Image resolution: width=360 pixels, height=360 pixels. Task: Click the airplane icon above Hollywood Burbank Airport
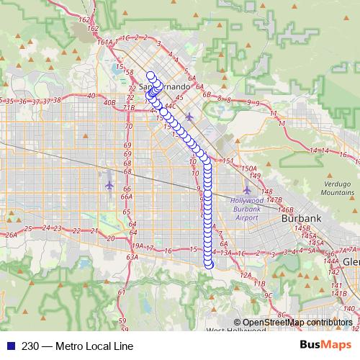tap(247, 189)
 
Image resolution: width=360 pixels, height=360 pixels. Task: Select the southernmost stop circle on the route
tap(210, 264)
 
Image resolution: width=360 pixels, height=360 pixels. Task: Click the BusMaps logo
tap(330, 345)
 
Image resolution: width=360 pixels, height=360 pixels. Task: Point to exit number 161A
tap(105, 42)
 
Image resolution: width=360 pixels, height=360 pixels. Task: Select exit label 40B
tap(109, 102)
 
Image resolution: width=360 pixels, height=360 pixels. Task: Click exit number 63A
tap(132, 256)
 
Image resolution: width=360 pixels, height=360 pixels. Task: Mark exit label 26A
tap(11, 235)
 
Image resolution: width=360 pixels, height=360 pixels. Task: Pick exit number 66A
tap(126, 197)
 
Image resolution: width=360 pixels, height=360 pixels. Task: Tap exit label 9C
tap(267, 294)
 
